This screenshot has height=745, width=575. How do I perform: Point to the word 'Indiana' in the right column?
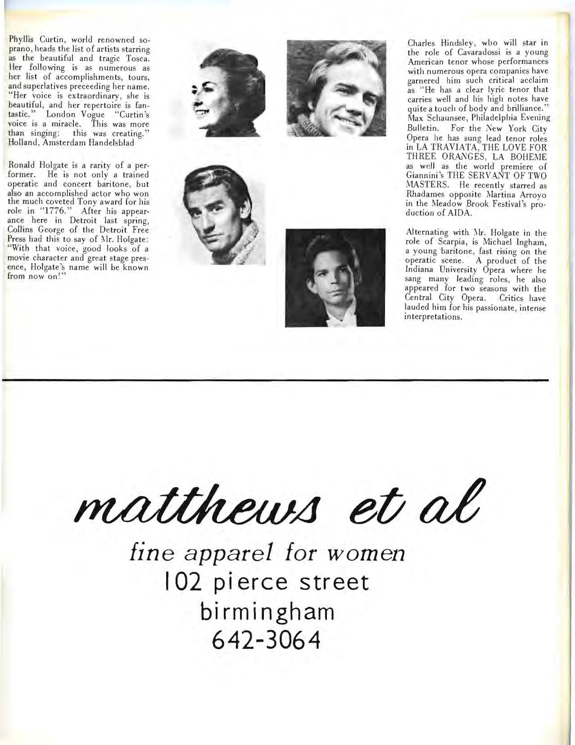click(420, 270)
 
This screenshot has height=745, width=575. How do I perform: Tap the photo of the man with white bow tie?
click(335, 277)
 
